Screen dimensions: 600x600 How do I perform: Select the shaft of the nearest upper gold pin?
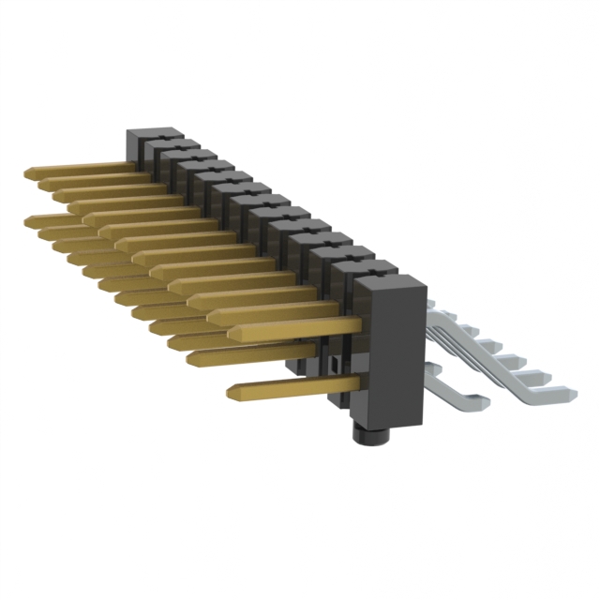pos(300,327)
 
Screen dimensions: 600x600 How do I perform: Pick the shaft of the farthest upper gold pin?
pos(84,169)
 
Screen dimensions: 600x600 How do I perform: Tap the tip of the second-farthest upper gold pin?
pos(45,183)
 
